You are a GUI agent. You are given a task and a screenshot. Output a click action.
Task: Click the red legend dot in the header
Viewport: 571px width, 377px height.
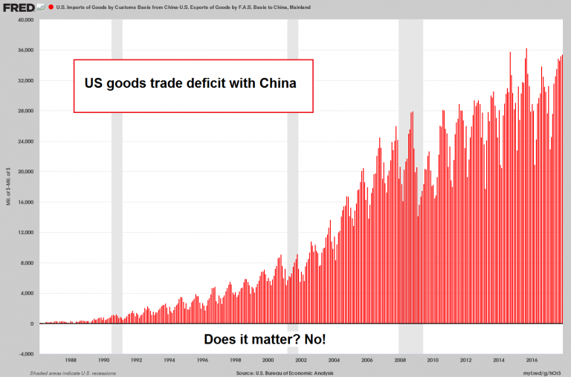[50, 7]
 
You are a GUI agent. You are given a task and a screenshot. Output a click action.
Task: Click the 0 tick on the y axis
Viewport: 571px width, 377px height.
[32, 323]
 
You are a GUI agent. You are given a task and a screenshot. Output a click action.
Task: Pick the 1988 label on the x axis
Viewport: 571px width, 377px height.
[71, 360]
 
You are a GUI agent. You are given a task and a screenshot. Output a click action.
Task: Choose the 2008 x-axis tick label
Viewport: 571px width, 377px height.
[399, 360]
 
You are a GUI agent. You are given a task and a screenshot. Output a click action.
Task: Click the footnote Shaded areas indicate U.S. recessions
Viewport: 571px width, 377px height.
[73, 372]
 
